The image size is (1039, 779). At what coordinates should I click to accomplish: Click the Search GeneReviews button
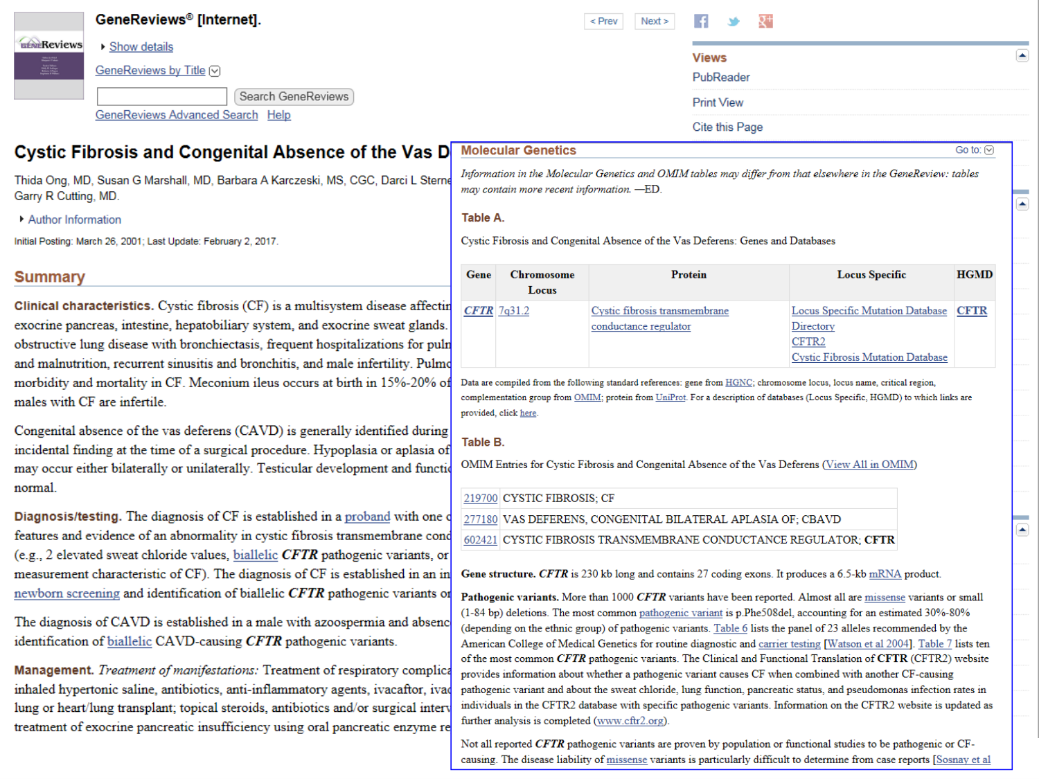[x=294, y=97]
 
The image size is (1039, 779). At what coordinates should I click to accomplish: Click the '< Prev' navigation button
[x=603, y=21]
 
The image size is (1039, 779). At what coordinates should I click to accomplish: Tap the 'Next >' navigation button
[x=655, y=21]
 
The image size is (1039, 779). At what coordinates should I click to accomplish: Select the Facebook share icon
[x=701, y=21]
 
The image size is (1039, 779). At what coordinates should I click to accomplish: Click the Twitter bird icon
[x=734, y=21]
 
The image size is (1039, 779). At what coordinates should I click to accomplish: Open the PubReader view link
[x=721, y=78]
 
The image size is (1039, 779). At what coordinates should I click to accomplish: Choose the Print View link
[x=718, y=102]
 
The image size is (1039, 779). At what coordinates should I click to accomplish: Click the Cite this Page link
[x=727, y=127]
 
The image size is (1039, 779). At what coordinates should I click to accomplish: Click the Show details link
[x=141, y=47]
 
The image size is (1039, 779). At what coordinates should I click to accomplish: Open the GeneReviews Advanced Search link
[x=177, y=115]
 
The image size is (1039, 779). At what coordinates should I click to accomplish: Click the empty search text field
[x=162, y=97]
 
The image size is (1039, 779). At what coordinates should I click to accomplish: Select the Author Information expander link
[x=74, y=220]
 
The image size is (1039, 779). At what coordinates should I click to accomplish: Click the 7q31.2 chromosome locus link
[x=514, y=311]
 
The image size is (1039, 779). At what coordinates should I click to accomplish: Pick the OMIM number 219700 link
[x=481, y=499]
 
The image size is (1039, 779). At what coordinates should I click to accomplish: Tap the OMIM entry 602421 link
[x=481, y=540]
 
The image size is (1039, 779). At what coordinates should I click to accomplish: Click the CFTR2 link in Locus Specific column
[x=808, y=342]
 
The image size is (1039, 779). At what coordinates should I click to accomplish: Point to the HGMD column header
[x=975, y=275]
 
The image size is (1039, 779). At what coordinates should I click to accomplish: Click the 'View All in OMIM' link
[x=869, y=465]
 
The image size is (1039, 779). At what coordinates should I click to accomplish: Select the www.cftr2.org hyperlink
[x=630, y=721]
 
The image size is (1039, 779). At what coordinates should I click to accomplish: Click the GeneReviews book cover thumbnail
[x=49, y=56]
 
